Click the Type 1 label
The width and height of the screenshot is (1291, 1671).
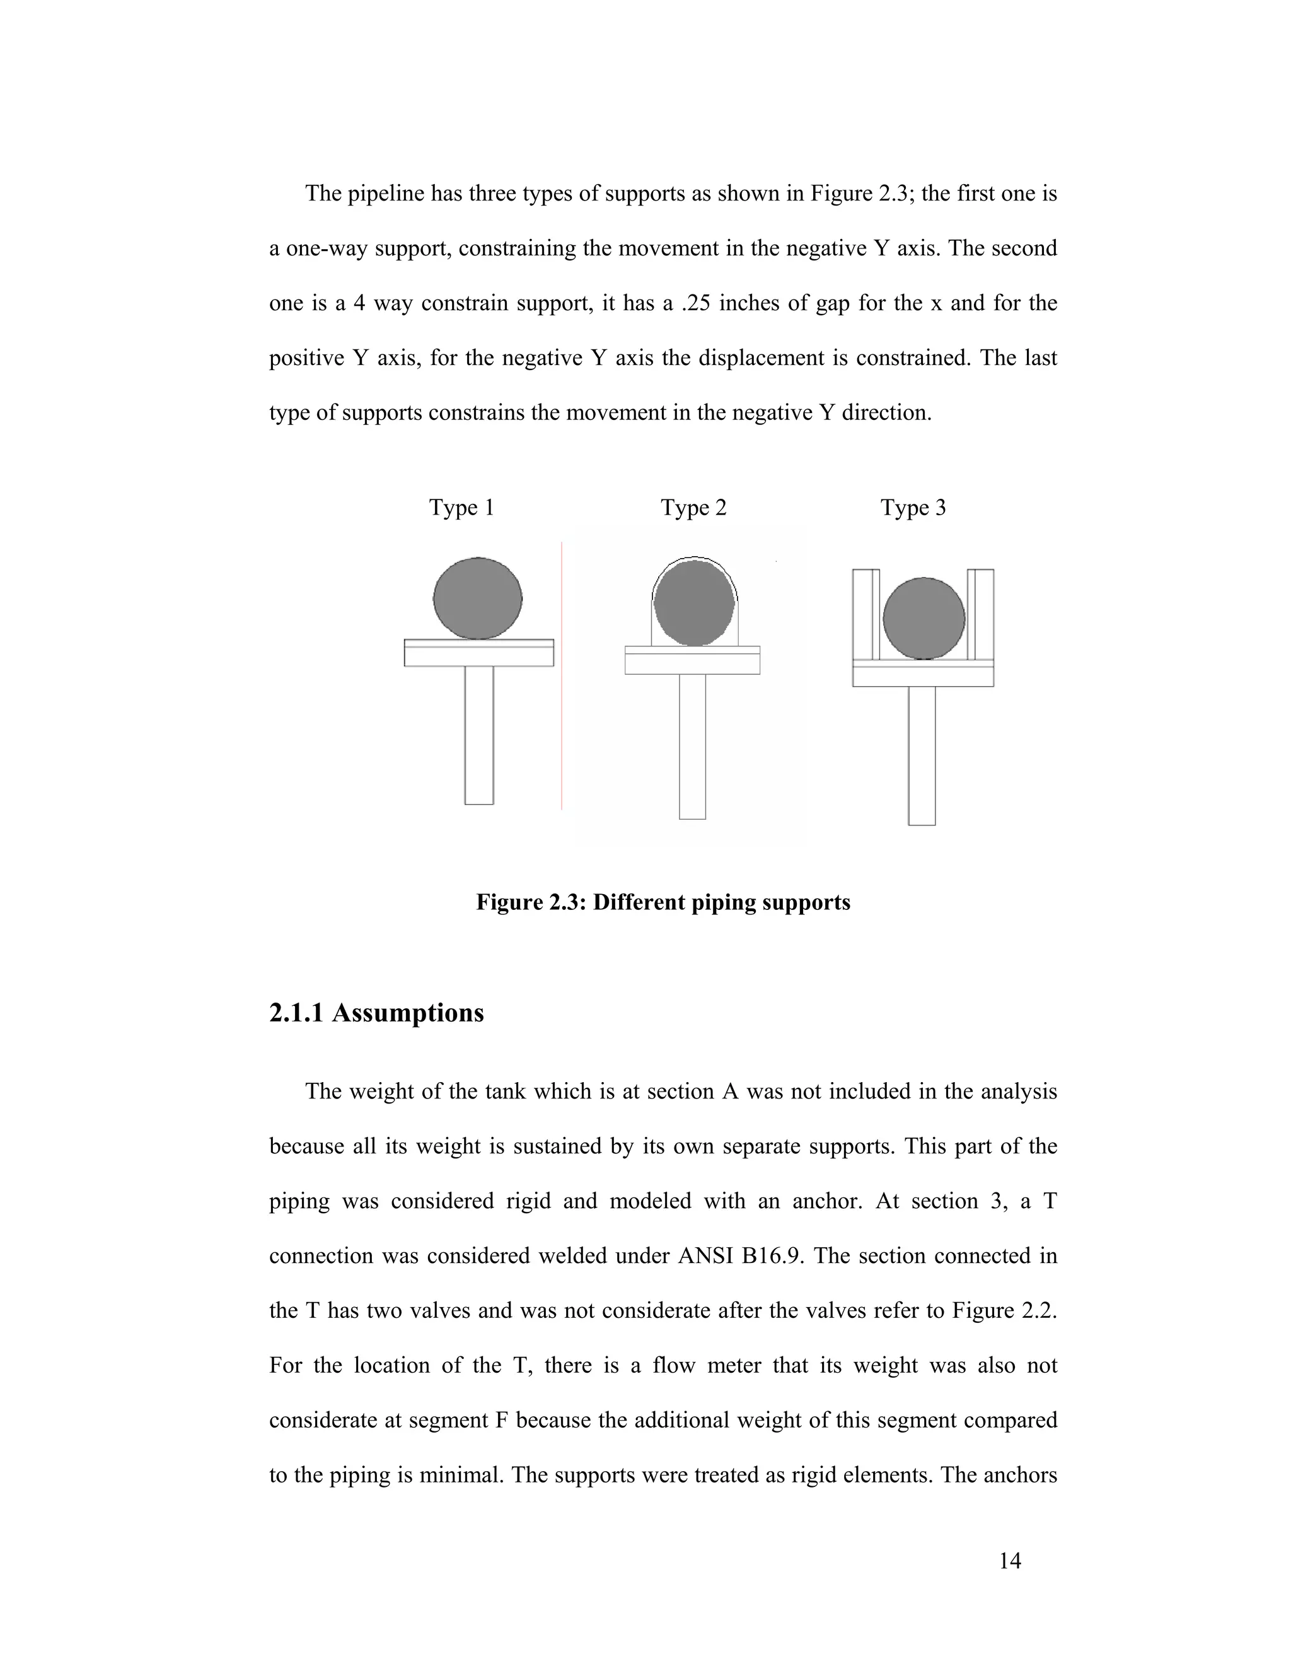[x=461, y=508]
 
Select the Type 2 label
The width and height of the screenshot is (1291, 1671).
[x=693, y=508]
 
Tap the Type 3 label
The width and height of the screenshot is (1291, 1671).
[x=913, y=508]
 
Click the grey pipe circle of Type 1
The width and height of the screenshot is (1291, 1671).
[x=478, y=598]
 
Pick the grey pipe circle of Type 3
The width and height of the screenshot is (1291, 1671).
[x=924, y=618]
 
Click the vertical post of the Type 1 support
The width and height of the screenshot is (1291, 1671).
[x=480, y=735]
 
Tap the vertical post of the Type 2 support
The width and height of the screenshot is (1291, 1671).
[x=692, y=746]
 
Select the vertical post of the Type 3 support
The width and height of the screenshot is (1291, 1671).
[x=922, y=755]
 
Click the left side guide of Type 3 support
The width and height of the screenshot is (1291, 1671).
[x=865, y=614]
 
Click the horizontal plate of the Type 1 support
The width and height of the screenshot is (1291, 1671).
[x=479, y=653]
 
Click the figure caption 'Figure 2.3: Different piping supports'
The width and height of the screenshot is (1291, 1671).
[x=663, y=903]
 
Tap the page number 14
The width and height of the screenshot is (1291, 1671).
[x=1010, y=1561]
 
